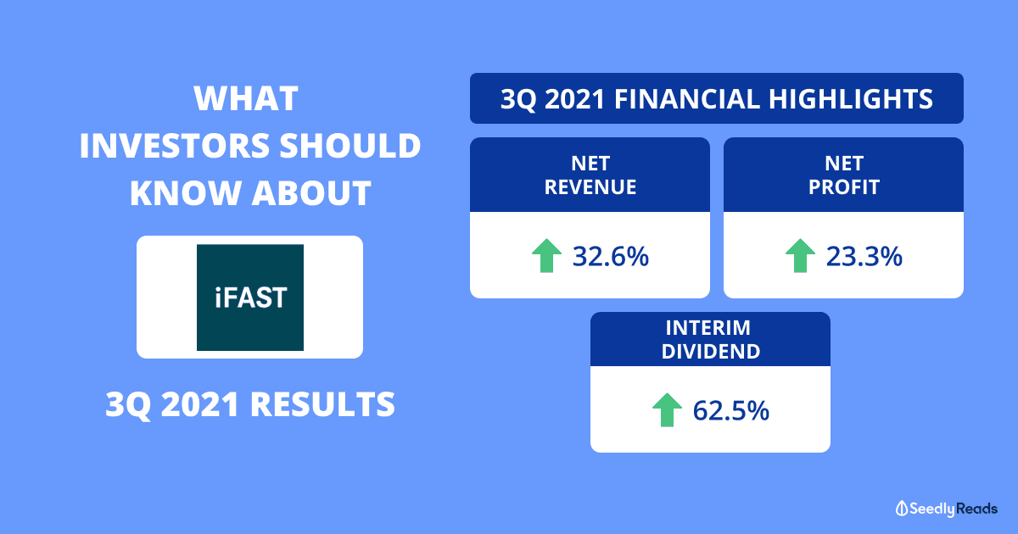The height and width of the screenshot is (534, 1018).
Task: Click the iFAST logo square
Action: tap(250, 298)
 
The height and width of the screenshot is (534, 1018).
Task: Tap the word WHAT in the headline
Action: tap(246, 98)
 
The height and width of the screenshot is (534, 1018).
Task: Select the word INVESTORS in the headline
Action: tap(175, 146)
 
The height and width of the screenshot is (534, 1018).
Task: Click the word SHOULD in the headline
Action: tap(350, 146)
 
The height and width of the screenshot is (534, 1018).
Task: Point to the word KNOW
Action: tap(186, 193)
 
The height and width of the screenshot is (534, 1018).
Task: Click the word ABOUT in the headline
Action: tap(311, 193)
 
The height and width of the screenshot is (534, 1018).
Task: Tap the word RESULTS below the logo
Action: tap(322, 404)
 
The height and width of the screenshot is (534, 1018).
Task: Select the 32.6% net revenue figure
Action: tap(610, 256)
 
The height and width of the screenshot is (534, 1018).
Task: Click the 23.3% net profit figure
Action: tap(864, 256)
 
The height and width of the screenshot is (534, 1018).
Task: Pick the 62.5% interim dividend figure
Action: tap(730, 410)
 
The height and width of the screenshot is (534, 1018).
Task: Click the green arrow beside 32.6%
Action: tap(546, 256)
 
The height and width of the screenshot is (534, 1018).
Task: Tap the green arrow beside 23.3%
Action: tap(800, 256)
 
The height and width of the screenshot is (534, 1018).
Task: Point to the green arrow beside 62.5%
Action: tap(667, 410)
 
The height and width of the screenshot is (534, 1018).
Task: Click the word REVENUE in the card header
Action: tap(590, 187)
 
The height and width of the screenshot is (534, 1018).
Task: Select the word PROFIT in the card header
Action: tap(844, 187)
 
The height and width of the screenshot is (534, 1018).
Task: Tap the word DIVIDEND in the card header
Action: tap(711, 352)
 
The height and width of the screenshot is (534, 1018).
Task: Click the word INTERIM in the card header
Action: tap(708, 328)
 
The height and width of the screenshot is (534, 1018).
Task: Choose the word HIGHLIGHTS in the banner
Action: tap(850, 99)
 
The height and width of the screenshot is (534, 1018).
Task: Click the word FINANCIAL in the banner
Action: tap(687, 99)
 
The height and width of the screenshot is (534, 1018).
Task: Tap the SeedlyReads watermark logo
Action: tap(947, 509)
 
